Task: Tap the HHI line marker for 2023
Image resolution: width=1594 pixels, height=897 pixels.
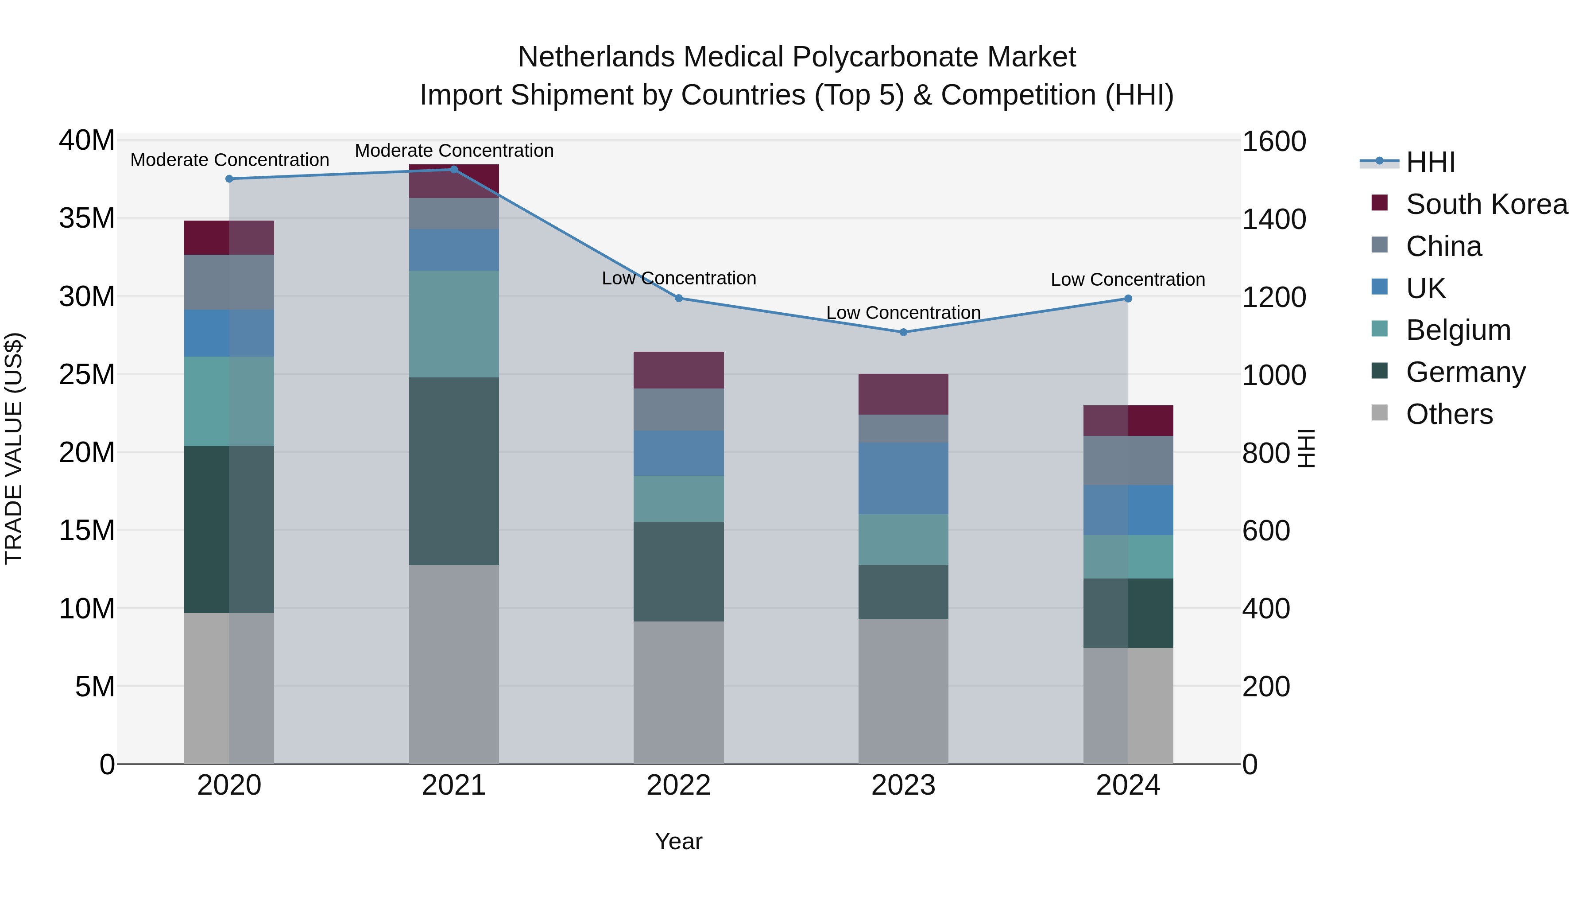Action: pos(903,332)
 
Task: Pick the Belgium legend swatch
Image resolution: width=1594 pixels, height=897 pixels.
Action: pos(1379,329)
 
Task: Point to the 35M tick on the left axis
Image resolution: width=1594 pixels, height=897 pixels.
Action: pos(87,218)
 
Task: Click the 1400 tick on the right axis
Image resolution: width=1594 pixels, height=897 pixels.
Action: pos(1273,220)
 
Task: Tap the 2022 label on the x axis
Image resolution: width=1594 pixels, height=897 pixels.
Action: pos(678,785)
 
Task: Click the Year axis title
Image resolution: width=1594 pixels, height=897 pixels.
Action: pos(678,841)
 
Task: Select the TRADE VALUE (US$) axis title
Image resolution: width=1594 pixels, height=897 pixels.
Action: pos(14,448)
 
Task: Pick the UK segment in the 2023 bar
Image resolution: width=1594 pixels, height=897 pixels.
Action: pos(903,478)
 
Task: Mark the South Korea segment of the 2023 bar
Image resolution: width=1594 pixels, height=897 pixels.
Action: pos(903,394)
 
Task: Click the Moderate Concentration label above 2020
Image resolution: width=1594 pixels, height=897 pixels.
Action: pos(229,160)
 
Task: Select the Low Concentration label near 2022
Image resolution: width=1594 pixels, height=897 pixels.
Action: pos(678,279)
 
